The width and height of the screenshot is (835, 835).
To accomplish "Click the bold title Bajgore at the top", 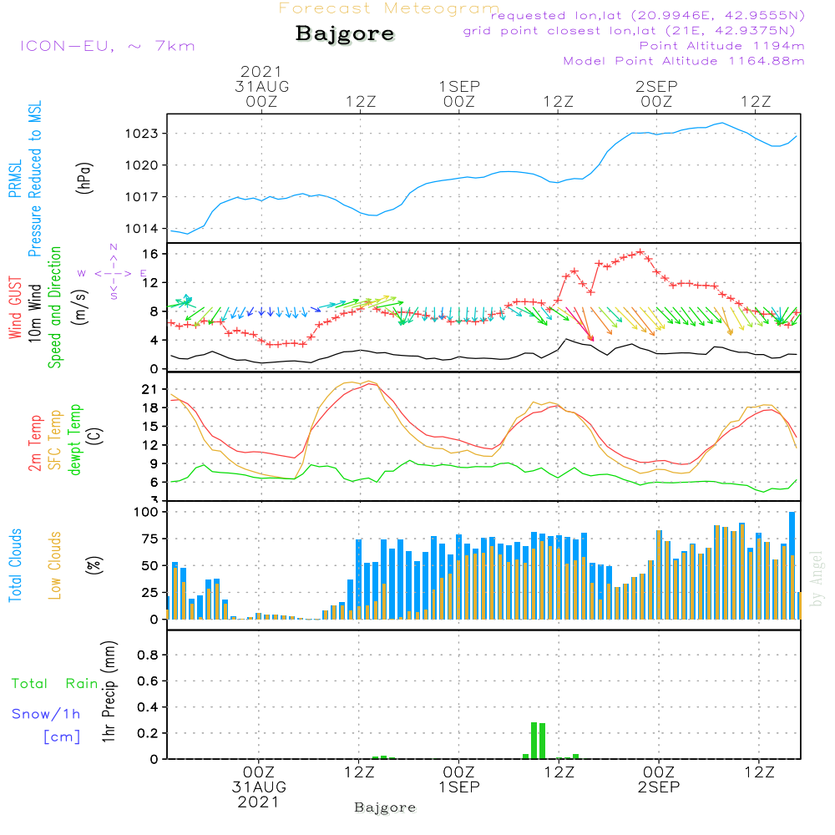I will tap(345, 34).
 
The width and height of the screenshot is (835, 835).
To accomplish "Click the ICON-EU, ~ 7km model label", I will tap(107, 46).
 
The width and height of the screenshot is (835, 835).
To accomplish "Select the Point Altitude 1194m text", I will tap(721, 45).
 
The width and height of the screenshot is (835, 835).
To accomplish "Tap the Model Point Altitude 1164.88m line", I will tap(684, 60).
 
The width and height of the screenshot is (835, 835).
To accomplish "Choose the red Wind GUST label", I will tap(15, 309).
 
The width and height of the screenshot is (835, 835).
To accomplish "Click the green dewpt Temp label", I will tap(75, 440).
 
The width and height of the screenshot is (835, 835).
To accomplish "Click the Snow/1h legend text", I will tap(47, 715).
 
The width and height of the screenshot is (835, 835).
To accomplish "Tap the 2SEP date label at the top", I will tap(656, 86).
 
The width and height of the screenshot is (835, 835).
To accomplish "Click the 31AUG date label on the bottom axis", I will tap(259, 787).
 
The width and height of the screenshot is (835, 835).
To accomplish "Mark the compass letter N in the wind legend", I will tap(113, 247).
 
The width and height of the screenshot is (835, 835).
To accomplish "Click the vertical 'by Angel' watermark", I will tap(817, 579).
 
